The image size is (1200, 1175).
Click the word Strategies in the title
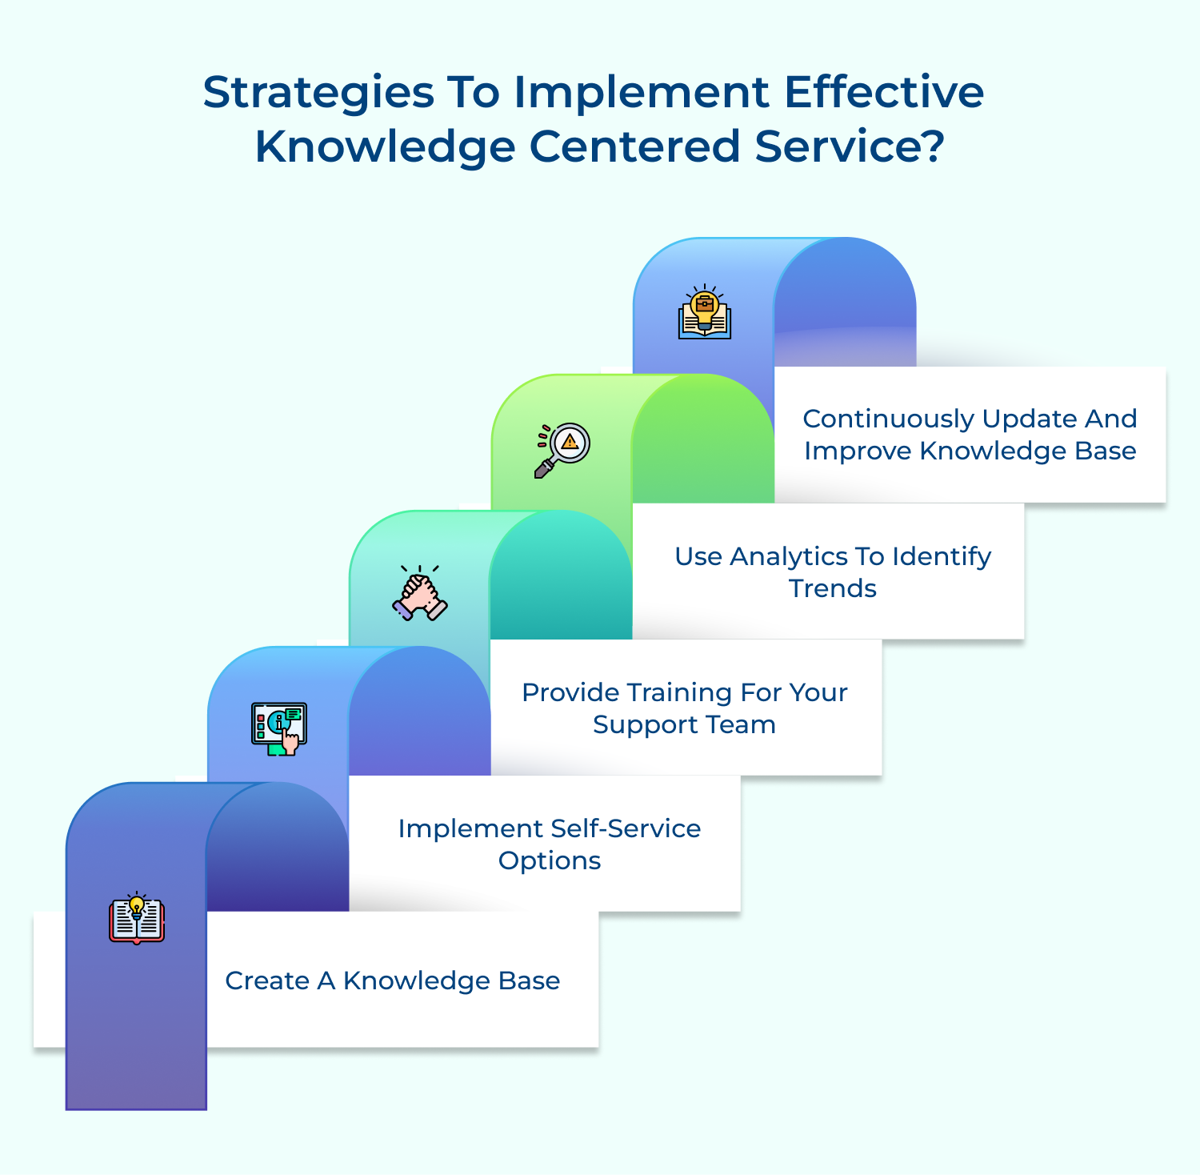(318, 94)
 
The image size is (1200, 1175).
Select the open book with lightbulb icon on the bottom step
(137, 919)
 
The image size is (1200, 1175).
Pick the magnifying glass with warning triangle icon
(562, 449)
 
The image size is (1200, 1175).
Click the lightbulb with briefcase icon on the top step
(704, 313)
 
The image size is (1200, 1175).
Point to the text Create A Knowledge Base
(392, 981)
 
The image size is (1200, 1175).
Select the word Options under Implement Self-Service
(550, 860)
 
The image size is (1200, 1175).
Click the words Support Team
(684, 724)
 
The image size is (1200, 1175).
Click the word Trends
(832, 588)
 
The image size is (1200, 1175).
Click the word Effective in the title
(884, 94)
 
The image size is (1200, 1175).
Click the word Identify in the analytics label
(942, 556)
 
